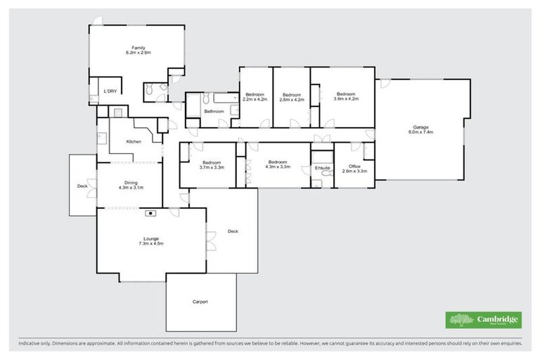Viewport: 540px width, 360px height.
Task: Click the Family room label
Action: coord(139,50)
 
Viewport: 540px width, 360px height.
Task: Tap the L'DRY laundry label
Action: coord(110,92)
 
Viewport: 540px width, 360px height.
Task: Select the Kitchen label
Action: coord(134,142)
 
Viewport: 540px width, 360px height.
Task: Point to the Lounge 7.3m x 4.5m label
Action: coord(149,241)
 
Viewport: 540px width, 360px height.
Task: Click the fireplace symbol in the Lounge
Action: coord(150,212)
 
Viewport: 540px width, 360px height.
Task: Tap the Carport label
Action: coord(200,302)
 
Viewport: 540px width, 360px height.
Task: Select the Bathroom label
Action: coord(214,111)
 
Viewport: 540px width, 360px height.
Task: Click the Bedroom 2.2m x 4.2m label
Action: coord(255,97)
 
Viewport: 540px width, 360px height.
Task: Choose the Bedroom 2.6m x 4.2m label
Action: coord(291,97)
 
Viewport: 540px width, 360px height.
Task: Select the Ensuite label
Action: coord(322,168)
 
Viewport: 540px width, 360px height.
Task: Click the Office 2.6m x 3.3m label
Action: coord(354,169)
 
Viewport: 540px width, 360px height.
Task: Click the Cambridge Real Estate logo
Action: coord(484,320)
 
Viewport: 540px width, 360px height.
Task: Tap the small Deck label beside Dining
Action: coord(82,186)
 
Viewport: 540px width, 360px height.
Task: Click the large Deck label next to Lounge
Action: coord(233,231)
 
